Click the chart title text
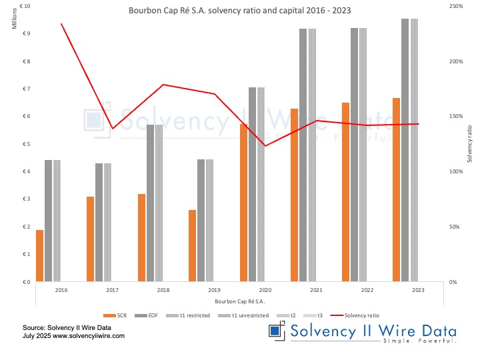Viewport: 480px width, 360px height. coord(240,11)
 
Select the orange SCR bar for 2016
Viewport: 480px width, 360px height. coord(39,256)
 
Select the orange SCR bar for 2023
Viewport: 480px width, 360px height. coord(396,190)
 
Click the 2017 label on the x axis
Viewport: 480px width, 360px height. coord(112,291)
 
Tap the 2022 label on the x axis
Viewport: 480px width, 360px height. coord(367,291)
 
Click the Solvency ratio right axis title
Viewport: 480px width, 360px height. coord(469,144)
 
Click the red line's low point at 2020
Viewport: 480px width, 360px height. coord(265,146)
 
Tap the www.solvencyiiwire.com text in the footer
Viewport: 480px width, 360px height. coord(87,337)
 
